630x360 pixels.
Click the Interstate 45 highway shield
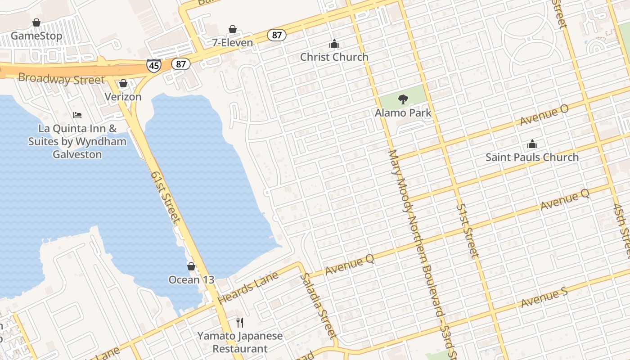[x=154, y=66]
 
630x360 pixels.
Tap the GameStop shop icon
[x=36, y=22]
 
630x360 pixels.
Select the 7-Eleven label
[x=232, y=43]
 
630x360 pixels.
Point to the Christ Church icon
[x=334, y=44]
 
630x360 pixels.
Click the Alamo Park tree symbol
[x=403, y=99]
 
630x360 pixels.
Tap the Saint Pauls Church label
[x=532, y=157]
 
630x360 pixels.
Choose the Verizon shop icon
[x=123, y=84]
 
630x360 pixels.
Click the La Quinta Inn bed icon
[x=77, y=115]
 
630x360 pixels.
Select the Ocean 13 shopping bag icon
[x=191, y=266]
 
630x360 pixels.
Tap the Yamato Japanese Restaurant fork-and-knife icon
[x=240, y=322]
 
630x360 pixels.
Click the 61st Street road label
[x=166, y=197]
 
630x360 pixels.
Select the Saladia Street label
[x=319, y=306]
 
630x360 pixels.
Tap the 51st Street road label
[x=468, y=231]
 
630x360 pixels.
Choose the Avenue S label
[x=544, y=297]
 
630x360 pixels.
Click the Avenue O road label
[x=544, y=115]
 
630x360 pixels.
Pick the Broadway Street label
[x=61, y=79]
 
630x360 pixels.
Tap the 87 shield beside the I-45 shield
[x=180, y=64]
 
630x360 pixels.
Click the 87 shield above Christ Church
[x=277, y=35]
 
